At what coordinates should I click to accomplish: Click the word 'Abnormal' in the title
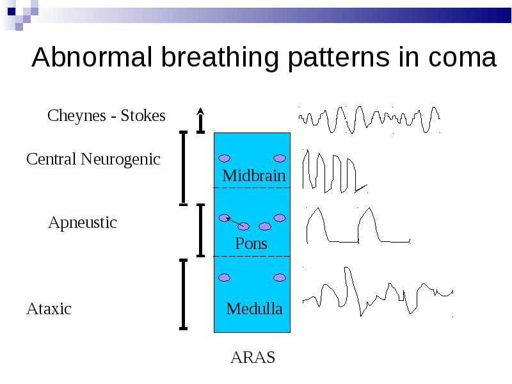[92, 57]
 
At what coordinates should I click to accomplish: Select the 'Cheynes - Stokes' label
[106, 116]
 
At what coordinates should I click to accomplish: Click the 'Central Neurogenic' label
[93, 159]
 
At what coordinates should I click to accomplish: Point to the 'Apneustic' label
[83, 223]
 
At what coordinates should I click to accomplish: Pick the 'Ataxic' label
[49, 309]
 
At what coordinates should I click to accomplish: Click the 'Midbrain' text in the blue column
[254, 175]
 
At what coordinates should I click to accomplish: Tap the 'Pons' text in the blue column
[251, 244]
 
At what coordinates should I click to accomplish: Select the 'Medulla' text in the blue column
[254, 309]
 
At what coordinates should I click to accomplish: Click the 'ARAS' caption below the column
[253, 357]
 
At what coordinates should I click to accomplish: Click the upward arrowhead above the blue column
[200, 111]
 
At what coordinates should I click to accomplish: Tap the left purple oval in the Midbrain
[225, 158]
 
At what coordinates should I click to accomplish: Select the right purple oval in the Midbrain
[280, 158]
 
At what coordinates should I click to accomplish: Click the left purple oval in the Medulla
[225, 278]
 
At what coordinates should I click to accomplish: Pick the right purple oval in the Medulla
[280, 278]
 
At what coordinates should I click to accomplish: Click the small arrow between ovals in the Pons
[234, 221]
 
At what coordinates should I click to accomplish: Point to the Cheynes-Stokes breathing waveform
[369, 120]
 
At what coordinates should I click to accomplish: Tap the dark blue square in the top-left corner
[12, 12]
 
